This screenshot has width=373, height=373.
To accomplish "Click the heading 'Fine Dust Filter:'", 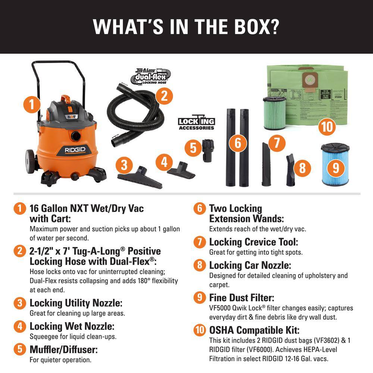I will pos(242,298).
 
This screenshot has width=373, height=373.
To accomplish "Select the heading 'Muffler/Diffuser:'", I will pos(63,350).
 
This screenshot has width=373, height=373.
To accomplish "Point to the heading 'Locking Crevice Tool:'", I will pos(254,242).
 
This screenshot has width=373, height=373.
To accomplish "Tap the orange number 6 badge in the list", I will pos(200,209).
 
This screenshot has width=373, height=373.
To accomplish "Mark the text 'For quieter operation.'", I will pos(60,360).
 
